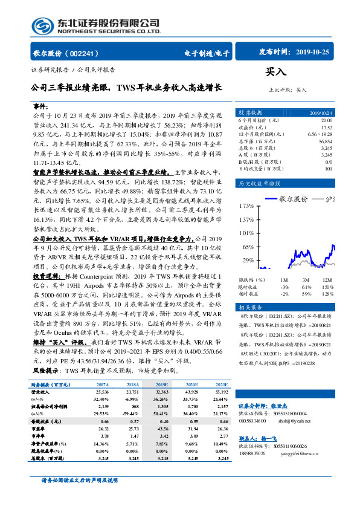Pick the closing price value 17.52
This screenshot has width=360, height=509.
(326, 128)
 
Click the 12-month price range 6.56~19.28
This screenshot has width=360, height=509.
(320, 134)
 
